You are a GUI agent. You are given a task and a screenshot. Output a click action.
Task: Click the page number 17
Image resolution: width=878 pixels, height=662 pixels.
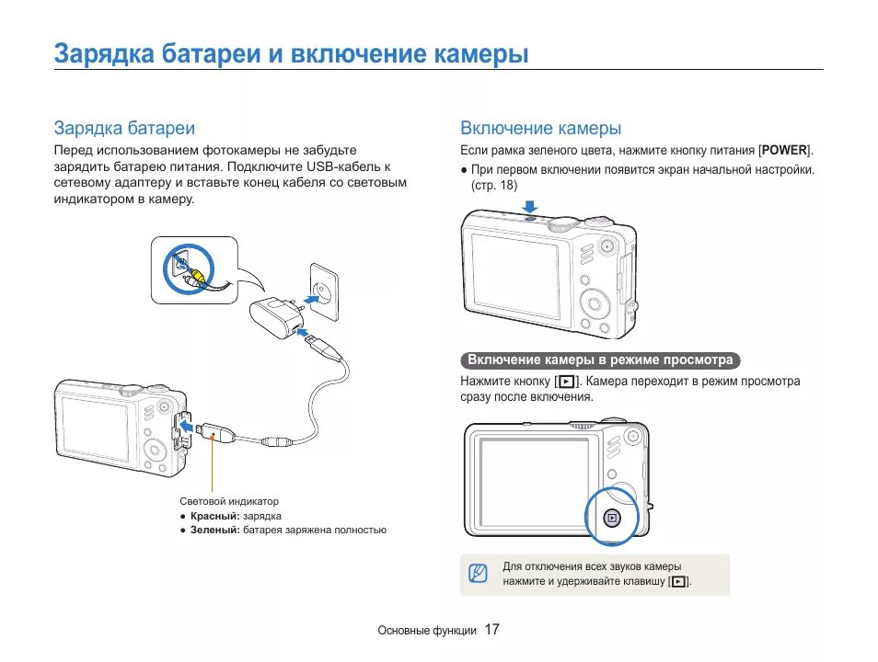(x=491, y=630)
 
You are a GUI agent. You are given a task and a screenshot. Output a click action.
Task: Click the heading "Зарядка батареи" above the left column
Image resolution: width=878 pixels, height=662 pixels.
(x=124, y=128)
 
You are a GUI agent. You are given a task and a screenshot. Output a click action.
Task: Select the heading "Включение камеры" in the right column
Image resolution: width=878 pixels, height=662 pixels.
(x=540, y=128)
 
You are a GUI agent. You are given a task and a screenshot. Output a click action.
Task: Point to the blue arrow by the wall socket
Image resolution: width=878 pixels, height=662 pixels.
(x=309, y=296)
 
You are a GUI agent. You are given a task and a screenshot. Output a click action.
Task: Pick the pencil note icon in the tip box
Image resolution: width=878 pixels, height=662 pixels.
(x=477, y=574)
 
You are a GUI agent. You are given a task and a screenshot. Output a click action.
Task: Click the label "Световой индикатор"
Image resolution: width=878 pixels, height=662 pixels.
(x=228, y=501)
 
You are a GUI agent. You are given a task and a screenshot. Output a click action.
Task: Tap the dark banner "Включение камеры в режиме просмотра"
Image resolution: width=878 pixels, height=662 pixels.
(x=600, y=360)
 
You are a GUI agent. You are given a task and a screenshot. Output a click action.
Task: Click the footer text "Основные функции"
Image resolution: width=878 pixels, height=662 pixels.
(x=427, y=631)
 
